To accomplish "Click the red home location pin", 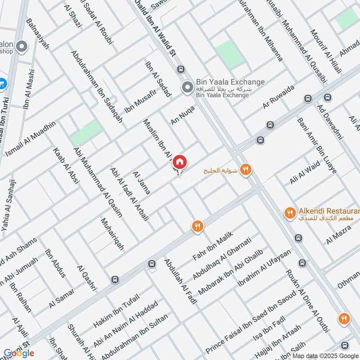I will click(x=180, y=162).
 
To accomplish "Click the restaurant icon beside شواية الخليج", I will click(x=246, y=169).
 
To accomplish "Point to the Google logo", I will click(x=19, y=353).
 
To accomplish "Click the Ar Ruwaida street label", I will click(x=279, y=97).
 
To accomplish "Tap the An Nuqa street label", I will click(x=183, y=115).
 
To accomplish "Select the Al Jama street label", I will click(x=141, y=183).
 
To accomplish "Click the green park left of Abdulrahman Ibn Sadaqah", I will click(x=86, y=133).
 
